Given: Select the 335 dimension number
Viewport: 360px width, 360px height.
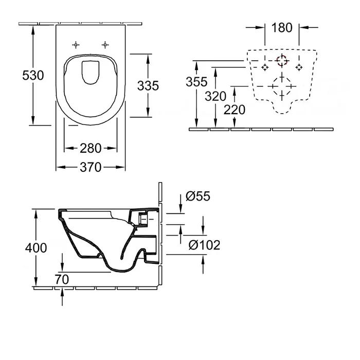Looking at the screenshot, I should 148,85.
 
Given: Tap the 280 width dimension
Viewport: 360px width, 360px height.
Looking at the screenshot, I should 91,149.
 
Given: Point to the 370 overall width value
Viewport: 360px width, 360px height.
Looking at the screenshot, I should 91,167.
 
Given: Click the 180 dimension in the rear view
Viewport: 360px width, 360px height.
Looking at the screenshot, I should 282,28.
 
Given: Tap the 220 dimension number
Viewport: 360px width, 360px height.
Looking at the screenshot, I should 235,110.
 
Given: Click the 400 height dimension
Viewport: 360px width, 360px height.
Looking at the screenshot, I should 36,248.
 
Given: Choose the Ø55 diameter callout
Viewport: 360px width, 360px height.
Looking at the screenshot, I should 198,196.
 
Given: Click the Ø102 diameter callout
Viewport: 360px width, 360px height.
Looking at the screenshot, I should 204,245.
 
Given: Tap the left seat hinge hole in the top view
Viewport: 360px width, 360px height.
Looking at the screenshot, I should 77,45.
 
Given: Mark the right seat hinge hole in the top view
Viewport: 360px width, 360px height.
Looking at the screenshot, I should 105,45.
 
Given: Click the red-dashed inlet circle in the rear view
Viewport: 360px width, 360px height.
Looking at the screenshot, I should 281,61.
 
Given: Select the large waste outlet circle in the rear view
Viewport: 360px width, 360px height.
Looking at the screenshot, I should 282,86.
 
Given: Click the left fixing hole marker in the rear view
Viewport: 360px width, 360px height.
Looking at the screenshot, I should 265,67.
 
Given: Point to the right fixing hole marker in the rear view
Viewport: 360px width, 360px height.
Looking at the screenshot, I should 299,67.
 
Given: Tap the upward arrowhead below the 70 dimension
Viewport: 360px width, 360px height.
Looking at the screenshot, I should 62,292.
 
